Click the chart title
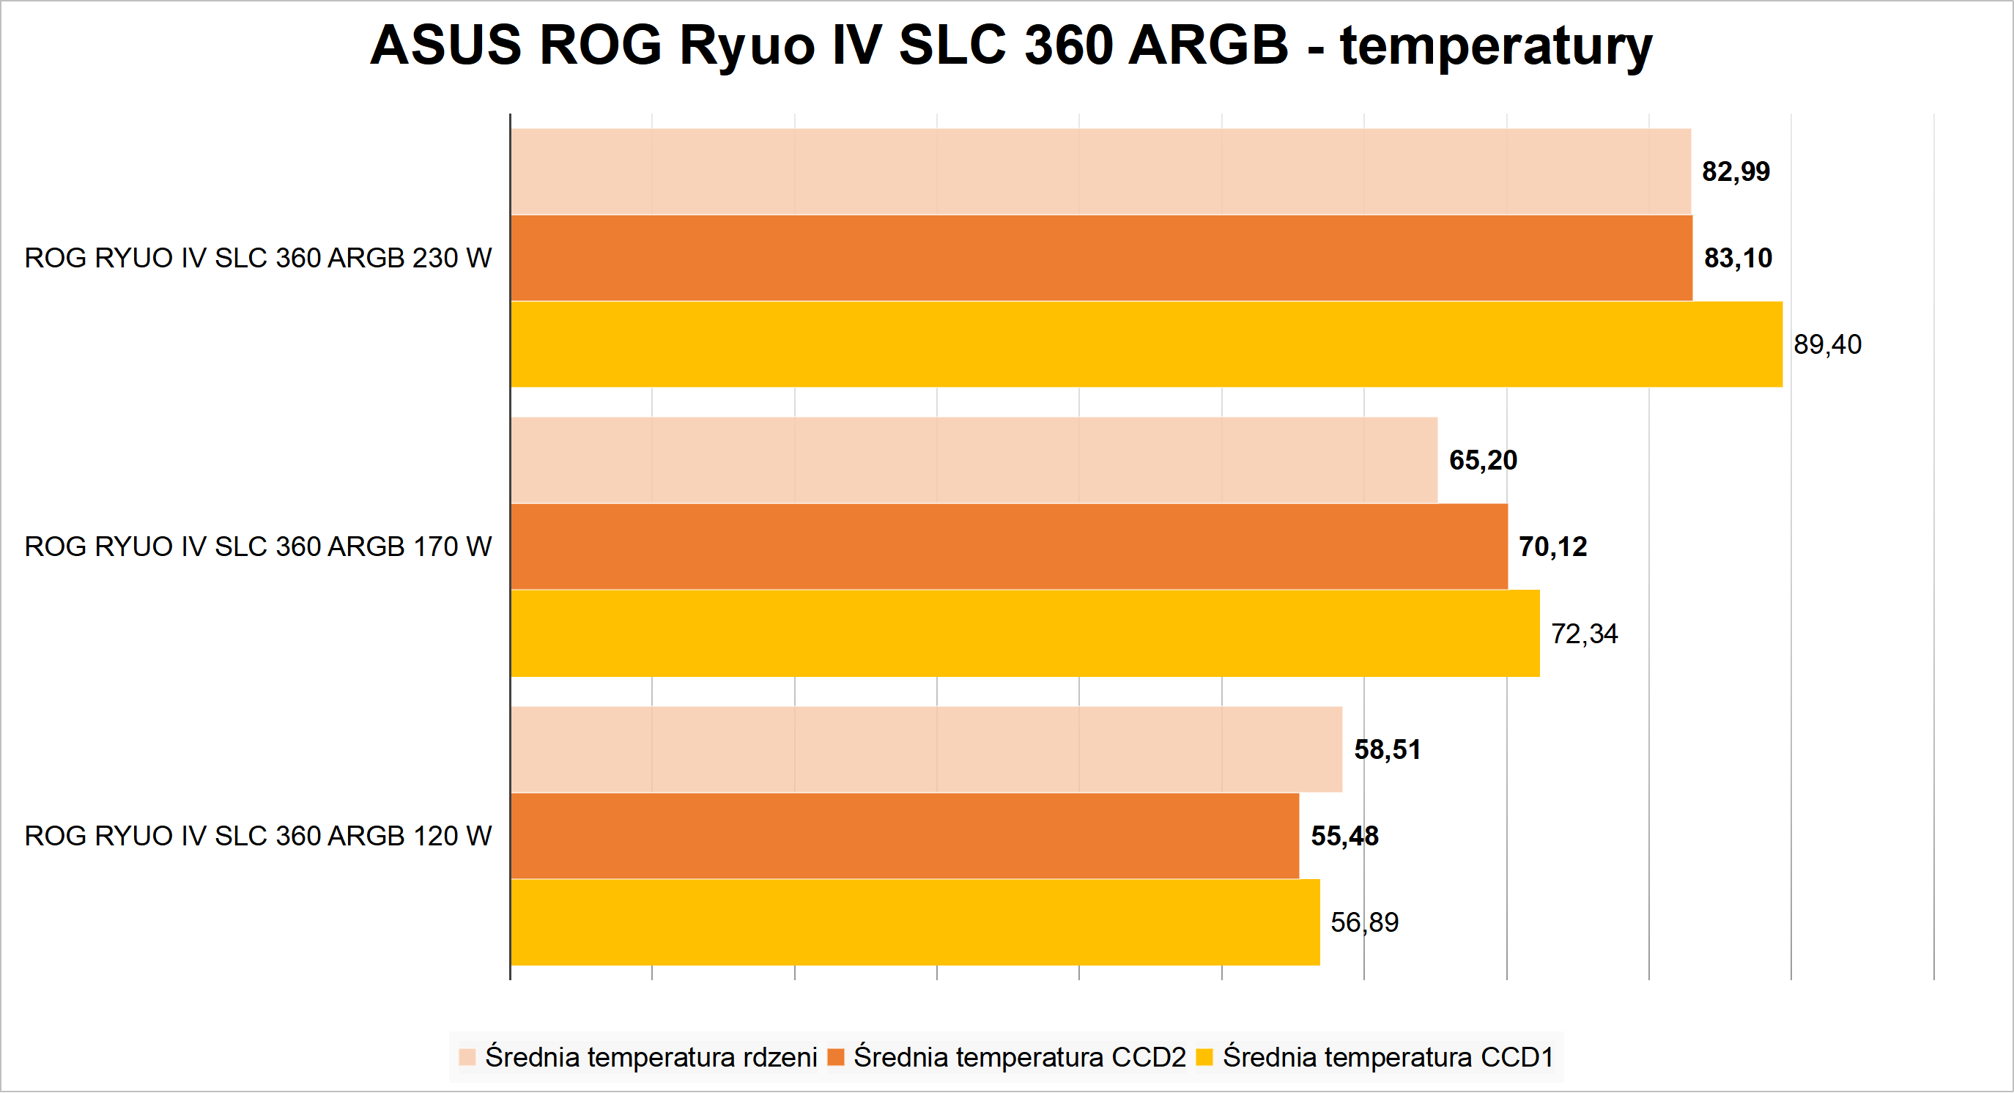coord(1010,45)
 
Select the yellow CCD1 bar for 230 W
coord(1146,344)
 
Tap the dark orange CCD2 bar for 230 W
coord(1101,258)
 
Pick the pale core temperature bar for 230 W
coord(1100,171)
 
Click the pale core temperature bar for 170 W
coord(974,460)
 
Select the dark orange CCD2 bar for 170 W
coord(1009,546)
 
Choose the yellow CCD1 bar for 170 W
coord(1024,633)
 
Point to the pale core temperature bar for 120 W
coord(926,749)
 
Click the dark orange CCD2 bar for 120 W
coord(905,836)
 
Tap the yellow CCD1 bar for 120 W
coord(915,922)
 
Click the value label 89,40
coord(1827,344)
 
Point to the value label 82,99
coord(1736,171)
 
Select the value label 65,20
coord(1482,460)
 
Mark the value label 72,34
coord(1584,633)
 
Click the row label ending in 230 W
coord(258,258)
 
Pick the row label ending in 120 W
coord(258,836)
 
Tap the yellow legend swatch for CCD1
coord(1204,1057)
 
